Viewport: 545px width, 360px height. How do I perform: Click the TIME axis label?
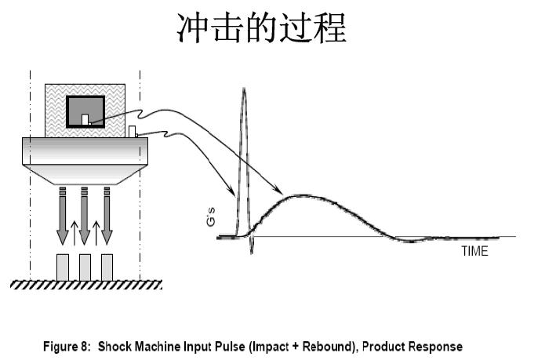(x=474, y=251)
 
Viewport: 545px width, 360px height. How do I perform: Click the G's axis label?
(x=211, y=216)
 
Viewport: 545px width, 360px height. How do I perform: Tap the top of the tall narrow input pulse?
(x=244, y=89)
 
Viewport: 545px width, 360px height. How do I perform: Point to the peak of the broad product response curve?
(x=302, y=196)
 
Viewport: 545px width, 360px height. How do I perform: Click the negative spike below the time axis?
(x=251, y=247)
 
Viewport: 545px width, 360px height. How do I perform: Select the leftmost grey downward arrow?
(x=63, y=216)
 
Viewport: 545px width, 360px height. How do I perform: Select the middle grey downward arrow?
(x=85, y=216)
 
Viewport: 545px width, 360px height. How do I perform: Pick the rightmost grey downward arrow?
(x=107, y=216)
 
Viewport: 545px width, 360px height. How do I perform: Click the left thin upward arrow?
(x=74, y=233)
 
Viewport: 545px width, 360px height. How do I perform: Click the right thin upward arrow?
(x=96, y=233)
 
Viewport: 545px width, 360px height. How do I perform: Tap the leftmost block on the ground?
(x=63, y=267)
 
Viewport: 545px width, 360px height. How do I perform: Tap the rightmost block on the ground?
(x=107, y=267)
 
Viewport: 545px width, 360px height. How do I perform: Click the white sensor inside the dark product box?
(x=85, y=119)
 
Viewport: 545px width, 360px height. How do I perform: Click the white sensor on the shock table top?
(x=132, y=131)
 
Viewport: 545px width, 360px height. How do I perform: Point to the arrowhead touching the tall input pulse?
(x=231, y=191)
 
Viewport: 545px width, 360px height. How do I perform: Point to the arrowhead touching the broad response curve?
(x=278, y=190)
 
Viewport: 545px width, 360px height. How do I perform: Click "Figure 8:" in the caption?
(x=67, y=347)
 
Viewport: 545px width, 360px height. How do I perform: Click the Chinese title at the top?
(x=262, y=27)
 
